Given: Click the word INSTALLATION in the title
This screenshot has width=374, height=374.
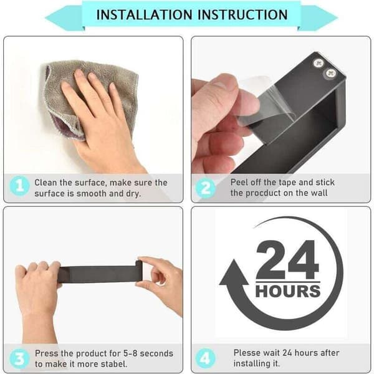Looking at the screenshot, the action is click(x=144, y=15).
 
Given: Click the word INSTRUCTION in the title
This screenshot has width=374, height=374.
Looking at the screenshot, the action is click(x=243, y=15).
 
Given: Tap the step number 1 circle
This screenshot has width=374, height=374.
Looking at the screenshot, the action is click(x=19, y=186).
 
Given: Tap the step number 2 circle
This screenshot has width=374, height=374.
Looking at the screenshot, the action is click(x=205, y=188).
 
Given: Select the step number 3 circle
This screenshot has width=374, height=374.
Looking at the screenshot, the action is click(x=19, y=358).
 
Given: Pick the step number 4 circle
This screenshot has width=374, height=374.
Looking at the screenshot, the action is click(x=205, y=358).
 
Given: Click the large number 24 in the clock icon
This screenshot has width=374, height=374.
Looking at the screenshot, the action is click(x=287, y=259).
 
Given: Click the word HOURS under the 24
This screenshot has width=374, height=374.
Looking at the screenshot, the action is click(x=288, y=291).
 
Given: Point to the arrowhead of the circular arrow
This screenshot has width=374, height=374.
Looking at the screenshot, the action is click(x=234, y=272).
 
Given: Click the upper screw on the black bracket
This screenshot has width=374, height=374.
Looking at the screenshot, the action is click(x=319, y=63).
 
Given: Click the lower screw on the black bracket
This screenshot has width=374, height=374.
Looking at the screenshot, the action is click(x=330, y=73).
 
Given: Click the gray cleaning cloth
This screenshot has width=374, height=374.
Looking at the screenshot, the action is click(x=90, y=95).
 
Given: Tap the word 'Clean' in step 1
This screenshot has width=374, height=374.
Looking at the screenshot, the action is click(x=46, y=183).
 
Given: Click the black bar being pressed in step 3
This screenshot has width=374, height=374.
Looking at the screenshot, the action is click(x=100, y=274).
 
